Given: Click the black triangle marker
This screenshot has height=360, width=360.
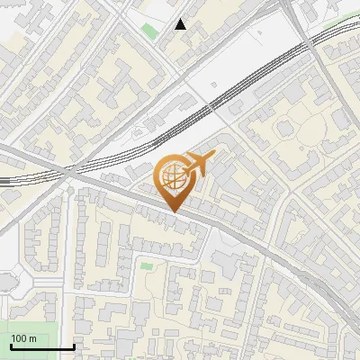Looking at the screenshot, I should point(181,24).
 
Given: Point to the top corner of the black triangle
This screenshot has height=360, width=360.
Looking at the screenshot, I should point(181,19).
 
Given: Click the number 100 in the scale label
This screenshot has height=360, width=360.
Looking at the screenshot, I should point(20,338).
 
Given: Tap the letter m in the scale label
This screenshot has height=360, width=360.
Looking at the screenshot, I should point(33,338).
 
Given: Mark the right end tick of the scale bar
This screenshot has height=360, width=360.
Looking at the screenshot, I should point(74,346).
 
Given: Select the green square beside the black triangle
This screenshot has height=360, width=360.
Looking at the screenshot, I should point(148,31).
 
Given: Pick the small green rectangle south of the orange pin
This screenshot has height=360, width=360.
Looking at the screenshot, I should point(146,265).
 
